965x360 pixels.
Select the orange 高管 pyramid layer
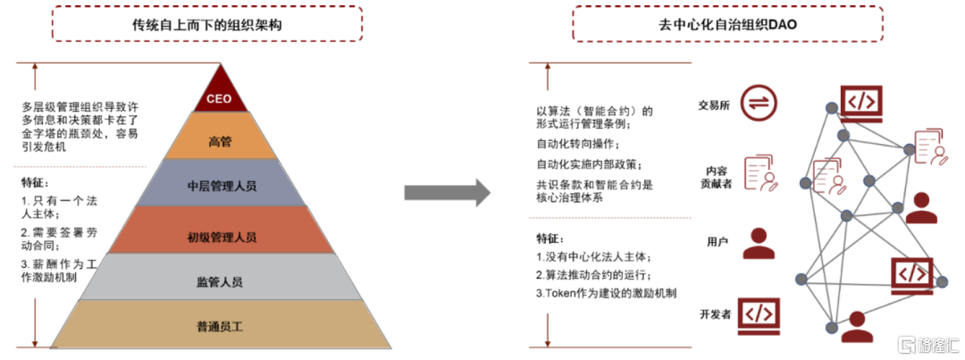coord(221,136)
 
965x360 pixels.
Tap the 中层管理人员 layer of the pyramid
coord(221,183)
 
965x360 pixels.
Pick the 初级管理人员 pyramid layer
coord(221,230)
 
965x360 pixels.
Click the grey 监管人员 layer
coord(221,277)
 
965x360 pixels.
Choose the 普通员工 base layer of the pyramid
coord(221,324)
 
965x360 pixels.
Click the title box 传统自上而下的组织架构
coord(206,23)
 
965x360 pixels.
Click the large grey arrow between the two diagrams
coord(447,192)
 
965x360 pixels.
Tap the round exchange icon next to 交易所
coord(759,103)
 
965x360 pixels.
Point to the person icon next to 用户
coord(759,243)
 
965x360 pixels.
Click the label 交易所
coord(714,105)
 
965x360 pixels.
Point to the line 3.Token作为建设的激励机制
coord(606,294)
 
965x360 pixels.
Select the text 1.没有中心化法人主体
coord(592,256)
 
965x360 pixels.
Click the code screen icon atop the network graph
coord(861,103)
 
